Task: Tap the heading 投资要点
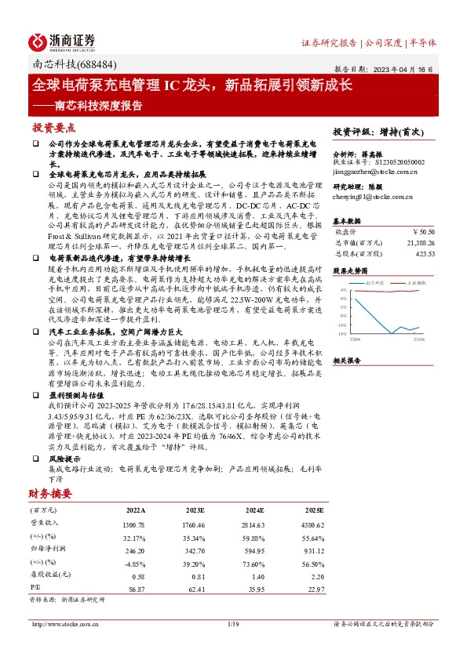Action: coord(53,127)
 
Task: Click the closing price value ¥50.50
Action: coord(424,232)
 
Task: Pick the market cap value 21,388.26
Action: coord(419,243)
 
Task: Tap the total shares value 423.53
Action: coord(424,254)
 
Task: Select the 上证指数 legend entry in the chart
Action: coord(418,281)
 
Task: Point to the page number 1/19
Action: coord(232,623)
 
